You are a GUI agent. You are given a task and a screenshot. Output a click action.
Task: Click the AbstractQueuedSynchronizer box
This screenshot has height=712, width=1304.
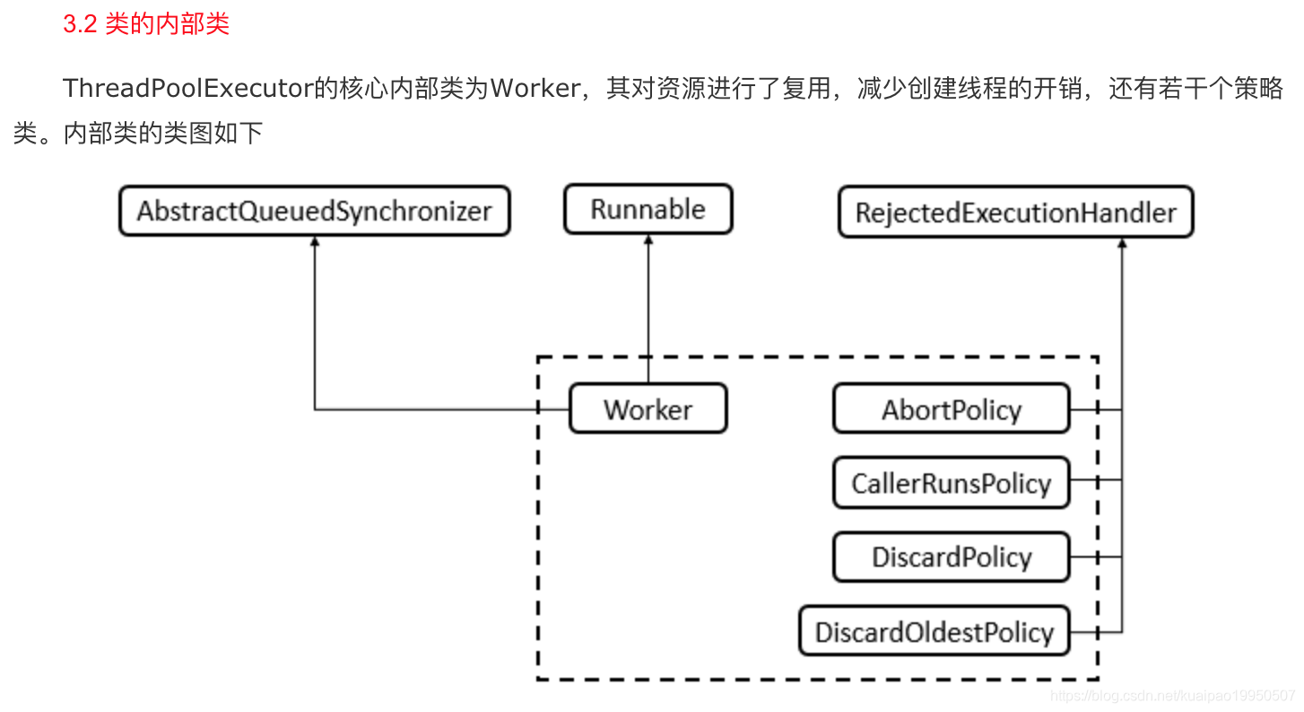(314, 212)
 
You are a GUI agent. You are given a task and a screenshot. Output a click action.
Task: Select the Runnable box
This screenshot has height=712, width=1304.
(648, 210)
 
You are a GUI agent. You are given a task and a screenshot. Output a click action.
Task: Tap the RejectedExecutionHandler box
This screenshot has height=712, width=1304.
(1015, 213)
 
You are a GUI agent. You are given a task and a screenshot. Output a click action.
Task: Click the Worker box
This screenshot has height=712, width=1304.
(648, 410)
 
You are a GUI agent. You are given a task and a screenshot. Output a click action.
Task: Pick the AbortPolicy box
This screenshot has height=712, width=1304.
(952, 410)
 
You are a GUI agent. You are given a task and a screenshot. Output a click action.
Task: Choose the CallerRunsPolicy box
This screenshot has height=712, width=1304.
(952, 483)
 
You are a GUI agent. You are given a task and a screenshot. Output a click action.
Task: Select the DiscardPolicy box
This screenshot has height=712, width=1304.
(952, 557)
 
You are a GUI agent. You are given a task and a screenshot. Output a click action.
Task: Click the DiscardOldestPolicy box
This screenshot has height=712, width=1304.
(934, 631)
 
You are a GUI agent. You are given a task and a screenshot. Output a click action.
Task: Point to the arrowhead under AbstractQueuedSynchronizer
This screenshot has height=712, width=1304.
(315, 243)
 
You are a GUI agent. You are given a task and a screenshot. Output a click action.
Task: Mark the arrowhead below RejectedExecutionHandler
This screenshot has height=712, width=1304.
(1121, 244)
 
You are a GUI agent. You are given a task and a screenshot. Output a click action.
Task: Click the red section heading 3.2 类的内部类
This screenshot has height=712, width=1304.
(146, 23)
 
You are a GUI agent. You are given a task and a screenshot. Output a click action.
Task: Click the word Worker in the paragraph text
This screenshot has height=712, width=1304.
(535, 89)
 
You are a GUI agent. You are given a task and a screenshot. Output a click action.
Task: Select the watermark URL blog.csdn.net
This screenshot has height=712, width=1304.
(1173, 695)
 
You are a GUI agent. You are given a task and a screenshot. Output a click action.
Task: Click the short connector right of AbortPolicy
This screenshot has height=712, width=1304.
(1095, 410)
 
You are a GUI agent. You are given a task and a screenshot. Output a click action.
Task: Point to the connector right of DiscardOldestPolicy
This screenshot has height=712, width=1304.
(1095, 631)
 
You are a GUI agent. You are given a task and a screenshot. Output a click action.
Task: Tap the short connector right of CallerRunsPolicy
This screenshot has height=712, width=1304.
(1095, 479)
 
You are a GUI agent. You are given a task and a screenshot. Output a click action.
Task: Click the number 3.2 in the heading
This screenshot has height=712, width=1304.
(79, 23)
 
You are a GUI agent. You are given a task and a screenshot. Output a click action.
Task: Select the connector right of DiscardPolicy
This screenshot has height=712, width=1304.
(1095, 557)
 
